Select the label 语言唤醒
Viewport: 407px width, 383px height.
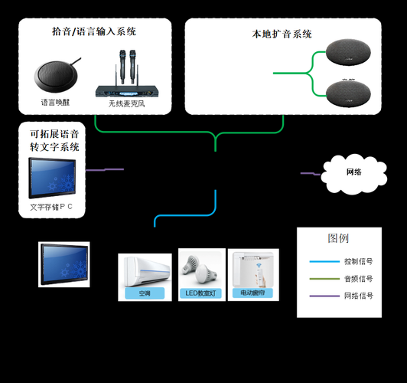coord(55,102)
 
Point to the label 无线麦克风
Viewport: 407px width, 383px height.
coord(125,103)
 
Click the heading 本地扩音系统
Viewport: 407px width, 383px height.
coord(282,34)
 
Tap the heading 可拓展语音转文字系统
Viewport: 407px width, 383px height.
coord(54,139)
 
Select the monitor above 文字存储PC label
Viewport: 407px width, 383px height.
coord(53,178)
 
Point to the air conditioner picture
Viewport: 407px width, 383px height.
coord(145,269)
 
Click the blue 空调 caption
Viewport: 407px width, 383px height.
coord(145,293)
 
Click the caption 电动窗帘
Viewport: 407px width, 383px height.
coord(254,293)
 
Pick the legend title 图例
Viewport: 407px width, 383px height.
coord(338,238)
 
